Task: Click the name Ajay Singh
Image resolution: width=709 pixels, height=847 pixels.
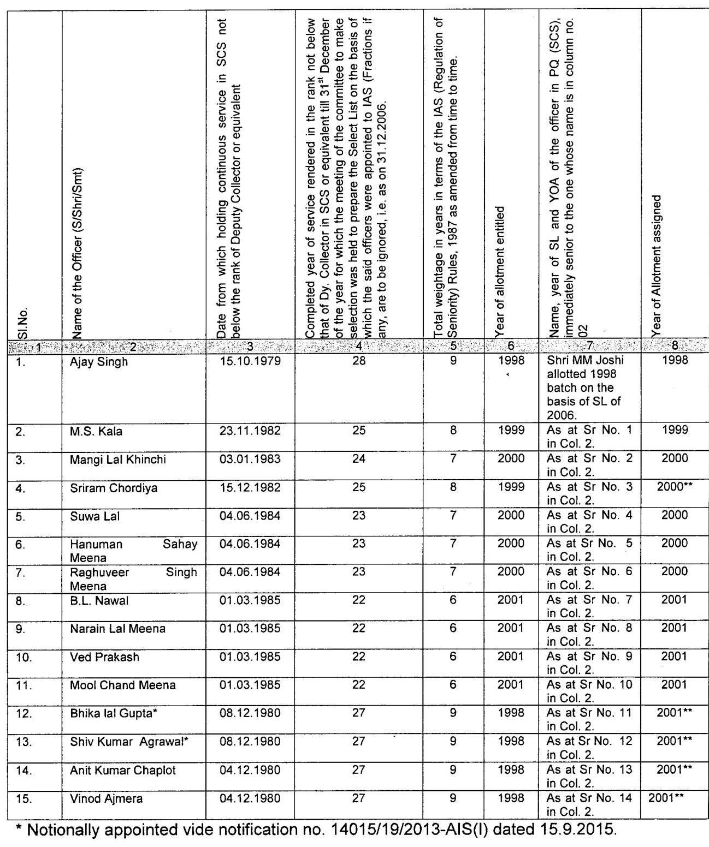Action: (99, 362)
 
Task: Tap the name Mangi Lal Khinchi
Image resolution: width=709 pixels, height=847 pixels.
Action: (117, 460)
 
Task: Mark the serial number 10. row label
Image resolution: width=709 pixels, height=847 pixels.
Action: (23, 657)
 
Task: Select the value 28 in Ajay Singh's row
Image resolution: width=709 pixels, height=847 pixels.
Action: (358, 361)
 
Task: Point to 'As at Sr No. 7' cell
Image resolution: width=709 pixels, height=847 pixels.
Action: (589, 606)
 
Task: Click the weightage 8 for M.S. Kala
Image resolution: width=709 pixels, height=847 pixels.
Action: (453, 430)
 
